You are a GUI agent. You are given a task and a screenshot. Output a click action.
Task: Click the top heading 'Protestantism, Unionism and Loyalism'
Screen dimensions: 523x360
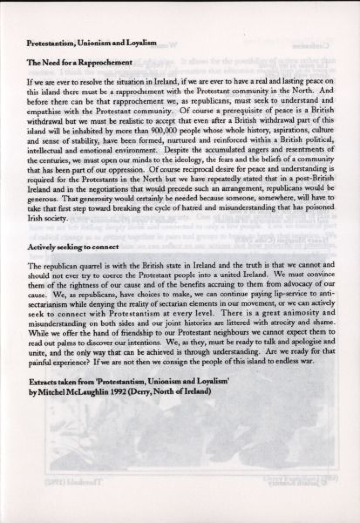click(92, 43)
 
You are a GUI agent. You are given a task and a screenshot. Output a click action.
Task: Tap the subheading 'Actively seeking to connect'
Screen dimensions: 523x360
click(73, 247)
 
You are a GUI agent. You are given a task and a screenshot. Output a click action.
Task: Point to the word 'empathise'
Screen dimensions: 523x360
click(41, 111)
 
